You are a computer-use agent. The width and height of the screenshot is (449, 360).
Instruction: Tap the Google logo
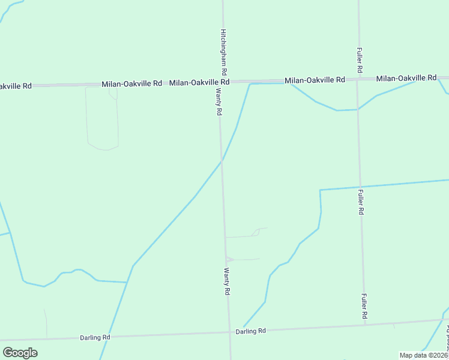click(x=20, y=353)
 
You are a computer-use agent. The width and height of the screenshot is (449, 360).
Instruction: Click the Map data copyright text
click(x=424, y=355)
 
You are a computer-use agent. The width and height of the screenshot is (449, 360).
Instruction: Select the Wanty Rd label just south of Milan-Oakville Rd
click(x=219, y=102)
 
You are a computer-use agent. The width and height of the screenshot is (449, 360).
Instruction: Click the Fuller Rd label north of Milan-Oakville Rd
click(x=360, y=61)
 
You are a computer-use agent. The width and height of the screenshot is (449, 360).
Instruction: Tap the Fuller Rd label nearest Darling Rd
click(x=364, y=306)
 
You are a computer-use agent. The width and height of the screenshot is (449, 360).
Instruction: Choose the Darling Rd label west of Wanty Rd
click(x=95, y=338)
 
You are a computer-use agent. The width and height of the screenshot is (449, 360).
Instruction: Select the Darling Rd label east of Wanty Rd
click(x=250, y=331)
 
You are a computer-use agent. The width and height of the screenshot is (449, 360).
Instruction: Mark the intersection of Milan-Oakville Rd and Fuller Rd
click(x=358, y=80)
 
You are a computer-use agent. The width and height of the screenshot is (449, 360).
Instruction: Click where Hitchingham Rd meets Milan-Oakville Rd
click(x=223, y=82)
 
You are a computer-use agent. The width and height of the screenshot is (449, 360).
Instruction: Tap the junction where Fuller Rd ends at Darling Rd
click(x=365, y=325)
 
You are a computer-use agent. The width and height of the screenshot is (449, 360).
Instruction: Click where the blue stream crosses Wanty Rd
click(x=221, y=161)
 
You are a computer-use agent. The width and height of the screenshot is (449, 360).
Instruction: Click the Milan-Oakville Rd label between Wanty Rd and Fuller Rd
click(x=315, y=80)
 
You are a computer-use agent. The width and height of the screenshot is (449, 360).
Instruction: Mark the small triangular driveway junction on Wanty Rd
click(x=228, y=259)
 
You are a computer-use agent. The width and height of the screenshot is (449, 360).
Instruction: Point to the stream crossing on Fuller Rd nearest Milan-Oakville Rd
click(x=358, y=109)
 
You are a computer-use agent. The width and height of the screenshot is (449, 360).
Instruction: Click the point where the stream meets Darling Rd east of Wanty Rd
click(x=243, y=328)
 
